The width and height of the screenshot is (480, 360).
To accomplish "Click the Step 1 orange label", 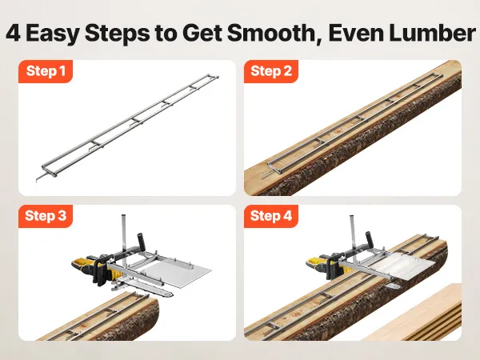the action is [x=46, y=71].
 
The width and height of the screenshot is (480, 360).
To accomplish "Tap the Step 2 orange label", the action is [x=271, y=71].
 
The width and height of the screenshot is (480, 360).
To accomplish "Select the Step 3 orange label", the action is [x=46, y=216].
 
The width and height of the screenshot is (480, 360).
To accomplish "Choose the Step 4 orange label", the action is [x=271, y=216].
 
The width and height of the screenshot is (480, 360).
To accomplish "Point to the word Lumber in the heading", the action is [x=432, y=33].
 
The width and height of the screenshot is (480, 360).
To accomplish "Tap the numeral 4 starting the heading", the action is [x=13, y=33].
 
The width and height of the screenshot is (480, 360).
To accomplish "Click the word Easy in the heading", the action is [x=53, y=34].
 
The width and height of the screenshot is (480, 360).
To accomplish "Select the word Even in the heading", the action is [x=356, y=33].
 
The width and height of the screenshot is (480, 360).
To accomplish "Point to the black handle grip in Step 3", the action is [x=142, y=242].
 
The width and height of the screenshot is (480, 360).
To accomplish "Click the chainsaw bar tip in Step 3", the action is [x=171, y=295].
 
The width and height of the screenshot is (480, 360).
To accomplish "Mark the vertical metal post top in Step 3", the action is [x=123, y=215].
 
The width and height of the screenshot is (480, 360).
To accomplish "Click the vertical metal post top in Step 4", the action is [x=352, y=216].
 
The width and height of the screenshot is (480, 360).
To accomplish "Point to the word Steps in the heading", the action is [x=118, y=34].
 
